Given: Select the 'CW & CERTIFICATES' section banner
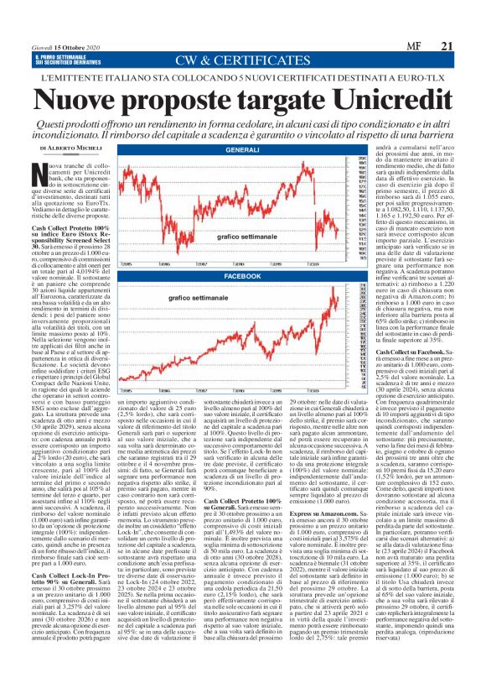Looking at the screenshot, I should point(243,60).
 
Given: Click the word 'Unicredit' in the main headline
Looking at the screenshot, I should point(382,99).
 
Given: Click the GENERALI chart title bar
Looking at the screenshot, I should point(242,149).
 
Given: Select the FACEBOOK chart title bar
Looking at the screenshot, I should point(242,276).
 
